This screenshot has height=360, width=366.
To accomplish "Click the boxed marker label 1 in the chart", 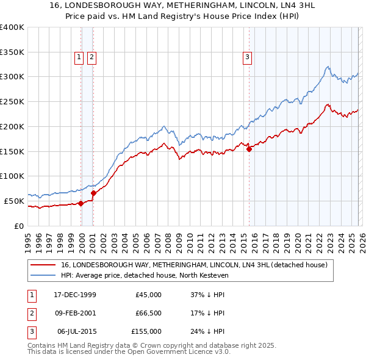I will pyautogui.click(x=79, y=58).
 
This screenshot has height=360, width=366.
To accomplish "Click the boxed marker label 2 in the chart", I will pyautogui.click(x=91, y=58).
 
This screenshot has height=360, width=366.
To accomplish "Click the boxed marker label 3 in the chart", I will pyautogui.click(x=247, y=58).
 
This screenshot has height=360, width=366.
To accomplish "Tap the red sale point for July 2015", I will pyautogui.click(x=249, y=148).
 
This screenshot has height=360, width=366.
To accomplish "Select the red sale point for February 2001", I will pyautogui.click(x=93, y=193).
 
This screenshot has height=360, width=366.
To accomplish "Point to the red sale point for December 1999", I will pyautogui.click(x=81, y=204).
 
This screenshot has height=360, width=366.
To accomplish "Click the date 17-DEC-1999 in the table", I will pyautogui.click(x=75, y=295).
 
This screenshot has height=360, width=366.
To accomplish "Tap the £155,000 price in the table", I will pyautogui.click(x=146, y=331).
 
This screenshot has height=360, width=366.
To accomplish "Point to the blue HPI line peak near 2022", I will pyautogui.click(x=328, y=67).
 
